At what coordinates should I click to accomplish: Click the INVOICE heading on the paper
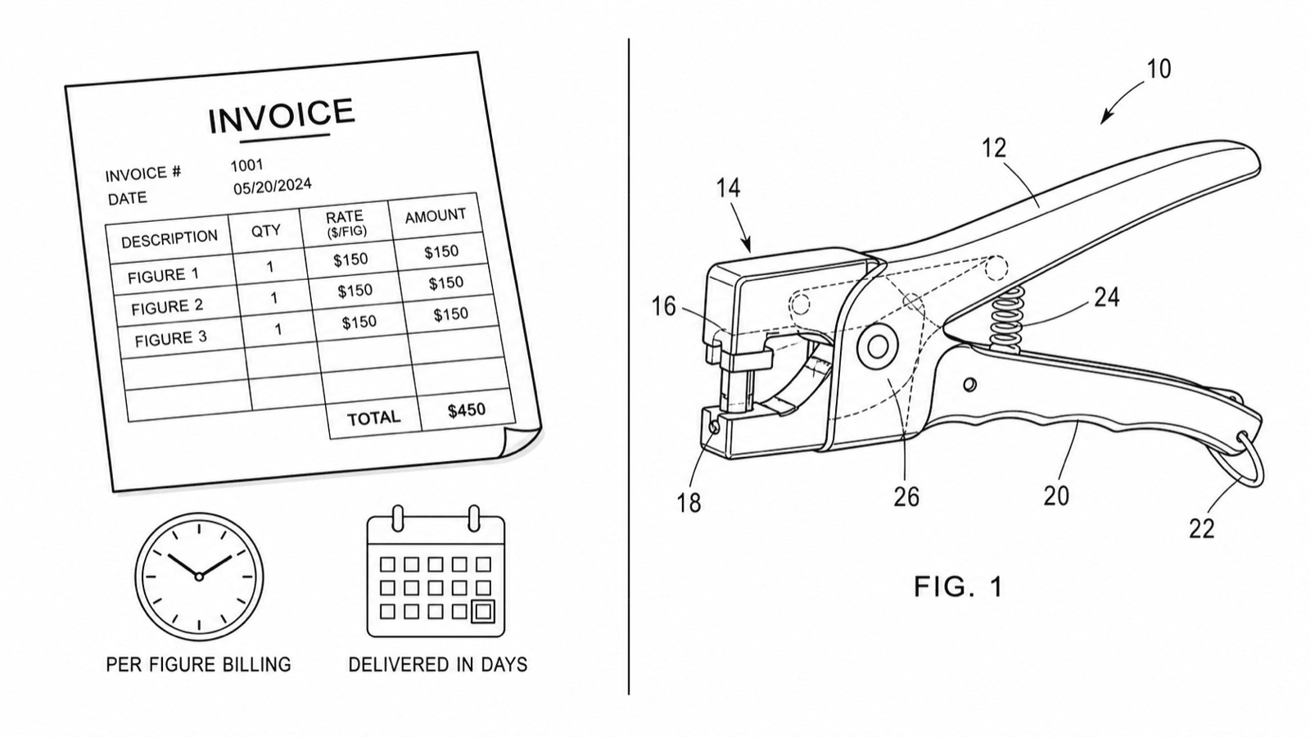pos(282,115)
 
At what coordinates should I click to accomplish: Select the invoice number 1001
pos(246,165)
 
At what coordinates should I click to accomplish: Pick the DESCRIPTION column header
pos(169,238)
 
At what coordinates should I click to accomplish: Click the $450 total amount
pos(467,410)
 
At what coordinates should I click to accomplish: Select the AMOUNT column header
pos(436,216)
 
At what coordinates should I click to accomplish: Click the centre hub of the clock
pos(199,576)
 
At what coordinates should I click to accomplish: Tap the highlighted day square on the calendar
pos(483,612)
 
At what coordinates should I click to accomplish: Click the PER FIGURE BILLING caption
pos(198,664)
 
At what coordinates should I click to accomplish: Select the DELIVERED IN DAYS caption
pos(438,664)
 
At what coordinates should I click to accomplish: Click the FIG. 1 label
pos(959,586)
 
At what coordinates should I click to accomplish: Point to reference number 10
pos(1159,70)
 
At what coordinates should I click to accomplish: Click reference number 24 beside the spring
pos(1107,297)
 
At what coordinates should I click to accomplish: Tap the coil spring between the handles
pos(1007,319)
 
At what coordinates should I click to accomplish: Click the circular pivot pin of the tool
pos(877,347)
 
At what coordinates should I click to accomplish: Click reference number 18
pos(689,503)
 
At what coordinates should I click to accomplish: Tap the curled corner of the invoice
pos(520,441)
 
